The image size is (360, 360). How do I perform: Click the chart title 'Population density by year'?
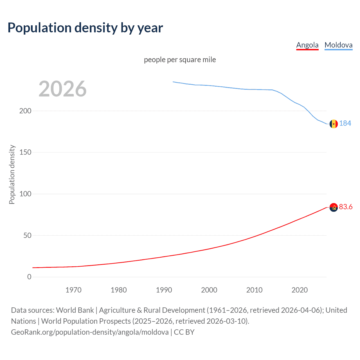pyautogui.click(x=85, y=28)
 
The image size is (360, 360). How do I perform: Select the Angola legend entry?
pyautogui.click(x=307, y=45)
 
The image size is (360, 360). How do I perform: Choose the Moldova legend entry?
pyautogui.click(x=338, y=45)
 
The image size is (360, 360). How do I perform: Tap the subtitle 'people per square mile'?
pyautogui.click(x=180, y=60)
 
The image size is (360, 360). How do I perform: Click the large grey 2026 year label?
pyautogui.click(x=62, y=89)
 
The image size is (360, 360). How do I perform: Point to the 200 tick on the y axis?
pyautogui.click(x=25, y=111)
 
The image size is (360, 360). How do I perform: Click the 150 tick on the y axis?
pyautogui.click(x=25, y=152)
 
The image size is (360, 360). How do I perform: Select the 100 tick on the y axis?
pyautogui.click(x=25, y=194)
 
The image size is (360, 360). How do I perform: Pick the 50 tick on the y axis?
pyautogui.click(x=27, y=235)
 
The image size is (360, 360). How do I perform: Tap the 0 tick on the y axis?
pyautogui.click(x=29, y=277)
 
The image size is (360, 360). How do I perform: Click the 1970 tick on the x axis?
pyautogui.click(x=73, y=290)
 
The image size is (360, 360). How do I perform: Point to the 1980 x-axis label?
pyautogui.click(x=119, y=290)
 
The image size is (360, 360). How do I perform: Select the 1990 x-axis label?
pyautogui.click(x=164, y=290)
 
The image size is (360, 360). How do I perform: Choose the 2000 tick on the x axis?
pyautogui.click(x=209, y=290)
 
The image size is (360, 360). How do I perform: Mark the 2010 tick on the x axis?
pyautogui.click(x=254, y=290)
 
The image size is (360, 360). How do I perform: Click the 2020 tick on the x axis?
pyautogui.click(x=300, y=290)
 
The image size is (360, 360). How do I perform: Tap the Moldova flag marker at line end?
pyautogui.click(x=334, y=124)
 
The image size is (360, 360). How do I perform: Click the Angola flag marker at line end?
pyautogui.click(x=334, y=208)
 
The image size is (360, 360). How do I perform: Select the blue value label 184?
pyautogui.click(x=345, y=123)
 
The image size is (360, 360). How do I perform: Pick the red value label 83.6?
pyautogui.click(x=346, y=207)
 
